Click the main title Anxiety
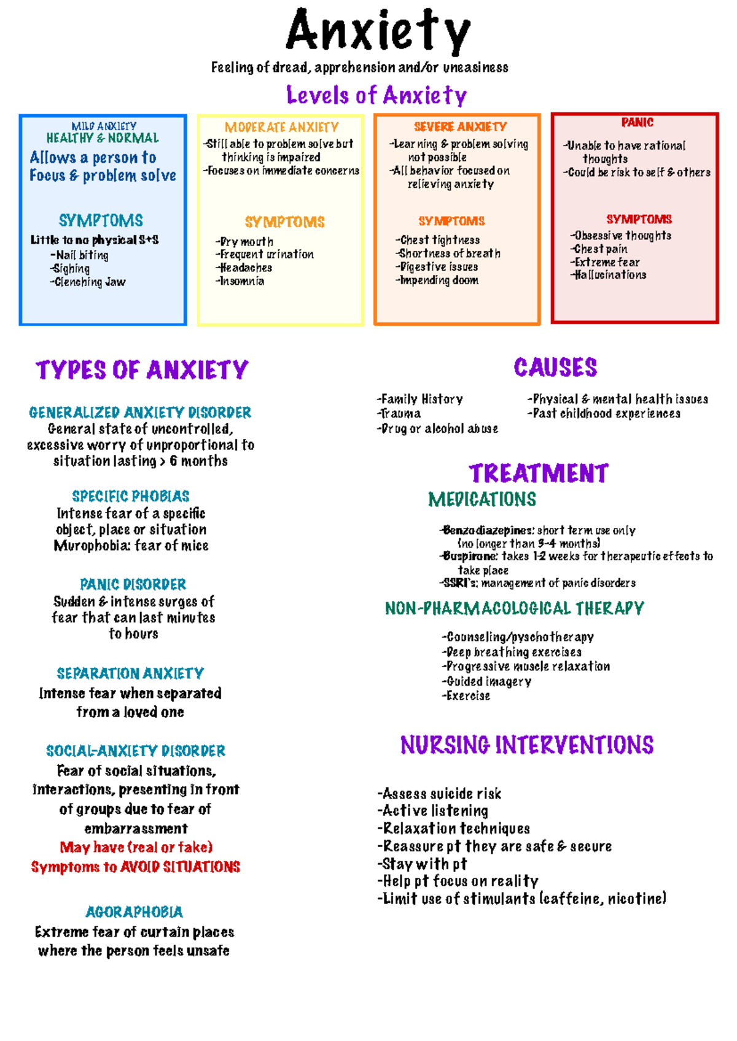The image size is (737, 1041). (378, 31)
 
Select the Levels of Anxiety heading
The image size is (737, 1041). (376, 95)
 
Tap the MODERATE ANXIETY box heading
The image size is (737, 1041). (282, 127)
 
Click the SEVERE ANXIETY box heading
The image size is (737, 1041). (461, 126)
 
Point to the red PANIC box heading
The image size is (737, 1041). (637, 122)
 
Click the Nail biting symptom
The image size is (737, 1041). (79, 255)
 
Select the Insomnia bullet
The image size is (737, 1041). (240, 281)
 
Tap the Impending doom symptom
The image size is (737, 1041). (437, 281)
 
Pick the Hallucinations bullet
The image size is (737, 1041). (608, 275)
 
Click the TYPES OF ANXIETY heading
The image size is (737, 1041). (142, 370)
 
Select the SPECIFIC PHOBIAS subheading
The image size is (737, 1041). (131, 497)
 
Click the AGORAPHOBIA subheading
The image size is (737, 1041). (135, 912)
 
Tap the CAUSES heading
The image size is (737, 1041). (555, 367)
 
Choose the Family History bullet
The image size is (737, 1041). (420, 399)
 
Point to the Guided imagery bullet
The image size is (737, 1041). (486, 682)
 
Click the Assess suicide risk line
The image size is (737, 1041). (439, 794)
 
